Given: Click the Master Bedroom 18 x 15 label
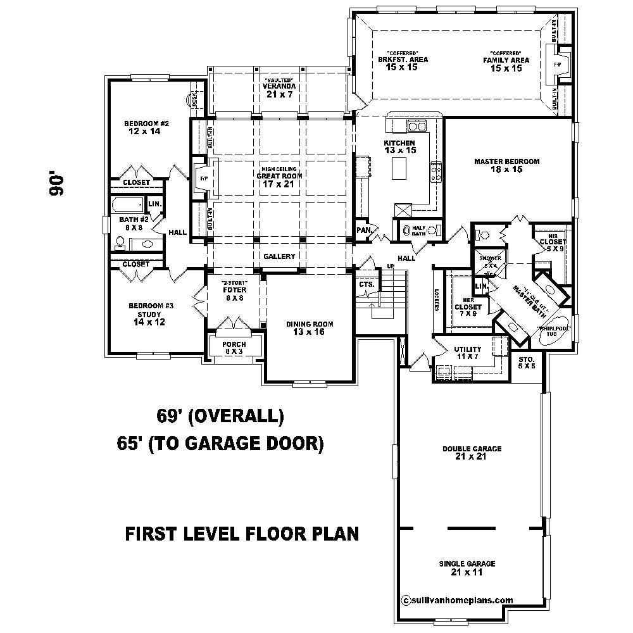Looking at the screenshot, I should [506, 166].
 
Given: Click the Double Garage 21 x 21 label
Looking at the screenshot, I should [472, 453].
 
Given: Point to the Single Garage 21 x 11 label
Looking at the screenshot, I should [467, 568].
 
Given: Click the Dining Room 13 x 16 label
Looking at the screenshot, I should [309, 328].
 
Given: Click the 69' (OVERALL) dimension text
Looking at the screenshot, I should [220, 417].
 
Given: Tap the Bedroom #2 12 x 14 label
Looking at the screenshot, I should [146, 127].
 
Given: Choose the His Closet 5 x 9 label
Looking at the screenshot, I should [553, 245].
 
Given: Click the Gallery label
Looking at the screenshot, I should [279, 256].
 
